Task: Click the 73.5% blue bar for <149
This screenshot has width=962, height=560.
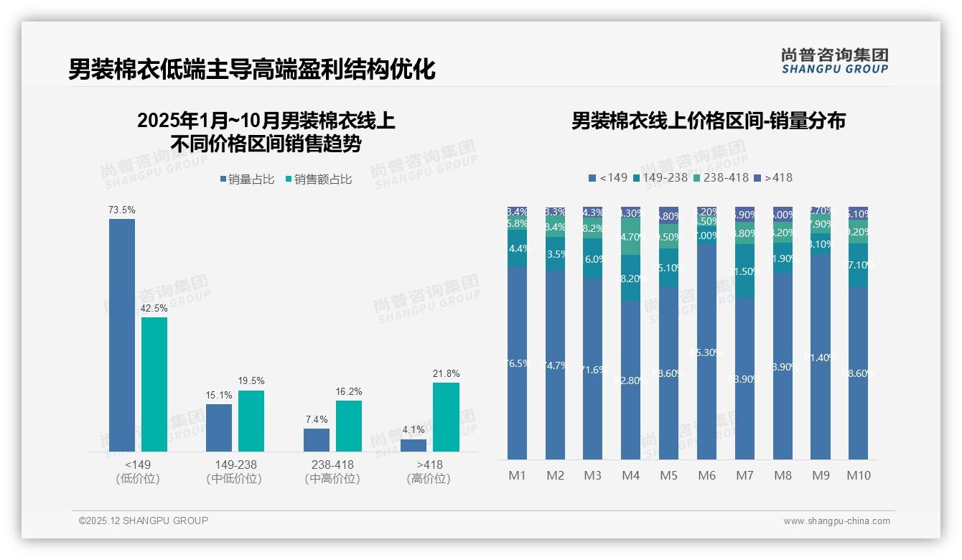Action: coord(122,335)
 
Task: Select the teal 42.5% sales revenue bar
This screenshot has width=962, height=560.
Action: coord(154,384)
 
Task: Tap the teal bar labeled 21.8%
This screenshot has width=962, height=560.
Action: coord(446,416)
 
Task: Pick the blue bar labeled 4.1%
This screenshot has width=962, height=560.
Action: coord(414,445)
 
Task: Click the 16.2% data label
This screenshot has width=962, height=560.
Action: coord(348,392)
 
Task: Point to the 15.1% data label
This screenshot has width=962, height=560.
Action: coord(219,396)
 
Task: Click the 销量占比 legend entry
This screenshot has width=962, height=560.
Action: coord(246,179)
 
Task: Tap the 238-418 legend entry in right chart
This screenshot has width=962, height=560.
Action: coord(721,177)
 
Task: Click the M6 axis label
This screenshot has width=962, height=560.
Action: coord(706,475)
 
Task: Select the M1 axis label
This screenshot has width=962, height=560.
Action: coord(517,475)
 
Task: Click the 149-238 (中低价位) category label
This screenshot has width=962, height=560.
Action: coord(234,472)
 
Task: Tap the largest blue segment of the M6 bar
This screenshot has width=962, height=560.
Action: coord(706,352)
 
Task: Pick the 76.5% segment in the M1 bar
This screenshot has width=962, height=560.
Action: coord(517,363)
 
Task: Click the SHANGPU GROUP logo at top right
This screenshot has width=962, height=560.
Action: coord(834,61)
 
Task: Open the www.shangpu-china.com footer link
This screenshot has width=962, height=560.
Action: coord(836,521)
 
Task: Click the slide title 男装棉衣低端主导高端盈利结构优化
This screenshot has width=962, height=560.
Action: coord(252,69)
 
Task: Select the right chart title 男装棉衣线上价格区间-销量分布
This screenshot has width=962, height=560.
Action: coord(708,121)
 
